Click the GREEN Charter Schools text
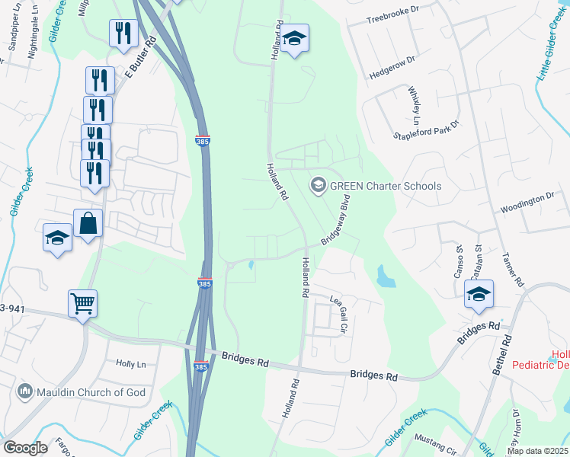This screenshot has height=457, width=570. [x=386, y=185]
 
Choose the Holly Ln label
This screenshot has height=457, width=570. [x=130, y=364]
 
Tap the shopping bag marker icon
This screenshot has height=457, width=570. [x=88, y=223]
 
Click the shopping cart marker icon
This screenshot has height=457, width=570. [x=82, y=302]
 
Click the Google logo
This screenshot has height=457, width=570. [x=26, y=448]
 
